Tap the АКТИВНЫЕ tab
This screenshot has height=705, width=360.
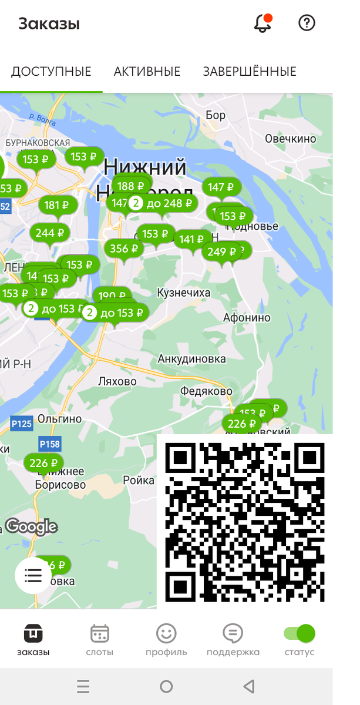pyautogui.click(x=147, y=72)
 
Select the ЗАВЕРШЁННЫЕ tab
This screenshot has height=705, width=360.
pyautogui.click(x=250, y=72)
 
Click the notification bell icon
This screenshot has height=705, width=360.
pyautogui.click(x=263, y=23)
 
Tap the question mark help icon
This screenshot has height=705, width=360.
pyautogui.click(x=307, y=23)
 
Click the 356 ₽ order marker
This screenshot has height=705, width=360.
pyautogui.click(x=125, y=249)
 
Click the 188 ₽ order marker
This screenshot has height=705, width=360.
pyautogui.click(x=132, y=186)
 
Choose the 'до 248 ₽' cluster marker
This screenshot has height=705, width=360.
pyautogui.click(x=163, y=203)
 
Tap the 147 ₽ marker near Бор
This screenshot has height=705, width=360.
pyautogui.click(x=222, y=187)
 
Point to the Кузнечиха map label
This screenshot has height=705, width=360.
pyautogui.click(x=184, y=293)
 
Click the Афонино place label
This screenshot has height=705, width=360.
pyautogui.click(x=247, y=318)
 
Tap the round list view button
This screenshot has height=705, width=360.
pyautogui.click(x=33, y=575)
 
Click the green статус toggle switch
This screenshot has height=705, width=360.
pyautogui.click(x=300, y=633)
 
